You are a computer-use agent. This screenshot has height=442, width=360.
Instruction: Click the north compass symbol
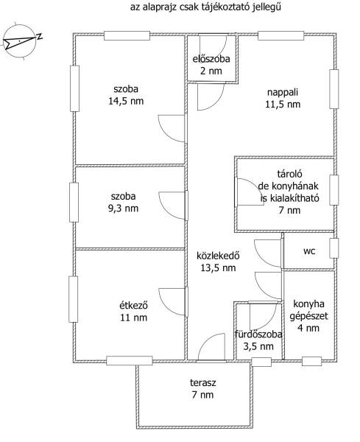(x=21, y=41)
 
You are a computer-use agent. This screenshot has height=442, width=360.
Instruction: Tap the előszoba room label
(x=211, y=59)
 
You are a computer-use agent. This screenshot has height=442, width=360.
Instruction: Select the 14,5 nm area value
(x=126, y=101)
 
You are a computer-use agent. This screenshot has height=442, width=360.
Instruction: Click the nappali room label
(x=283, y=93)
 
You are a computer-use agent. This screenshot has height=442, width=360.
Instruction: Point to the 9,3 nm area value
(x=124, y=208)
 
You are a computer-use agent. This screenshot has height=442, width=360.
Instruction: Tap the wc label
(x=309, y=251)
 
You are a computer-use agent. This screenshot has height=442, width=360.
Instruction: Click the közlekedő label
(x=218, y=256)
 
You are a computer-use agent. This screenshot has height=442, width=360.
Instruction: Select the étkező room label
(x=133, y=305)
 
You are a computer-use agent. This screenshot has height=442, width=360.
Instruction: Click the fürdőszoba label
(x=258, y=334)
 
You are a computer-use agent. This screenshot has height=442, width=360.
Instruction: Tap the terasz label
(x=202, y=383)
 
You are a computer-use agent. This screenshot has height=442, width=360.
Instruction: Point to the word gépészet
(x=308, y=316)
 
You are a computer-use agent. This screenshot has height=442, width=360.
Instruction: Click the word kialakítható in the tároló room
(x=293, y=198)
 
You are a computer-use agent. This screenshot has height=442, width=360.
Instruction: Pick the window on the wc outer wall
(x=334, y=248)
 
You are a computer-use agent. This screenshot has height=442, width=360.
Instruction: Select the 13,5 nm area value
(x=218, y=267)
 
